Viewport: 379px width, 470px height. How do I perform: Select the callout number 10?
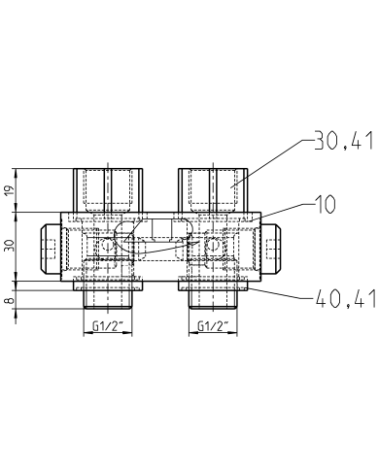[324, 204]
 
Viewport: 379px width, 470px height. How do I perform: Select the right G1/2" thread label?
[214, 324]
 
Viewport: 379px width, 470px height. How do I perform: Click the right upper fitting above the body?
[213, 189]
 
